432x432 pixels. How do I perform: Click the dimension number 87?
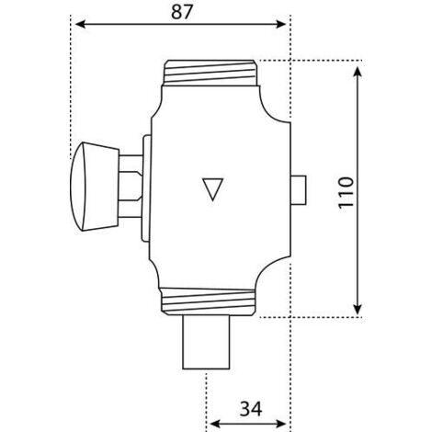182,12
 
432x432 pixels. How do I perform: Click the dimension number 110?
346,192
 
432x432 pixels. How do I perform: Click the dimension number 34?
251,409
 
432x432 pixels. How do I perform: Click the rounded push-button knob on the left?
95,186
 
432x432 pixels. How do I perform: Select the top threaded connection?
211,73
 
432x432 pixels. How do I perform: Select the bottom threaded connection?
208,301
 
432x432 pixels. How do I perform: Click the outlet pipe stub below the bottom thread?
206,342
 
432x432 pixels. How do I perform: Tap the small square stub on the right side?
298,190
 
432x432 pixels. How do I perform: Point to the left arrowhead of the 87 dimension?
80,24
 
